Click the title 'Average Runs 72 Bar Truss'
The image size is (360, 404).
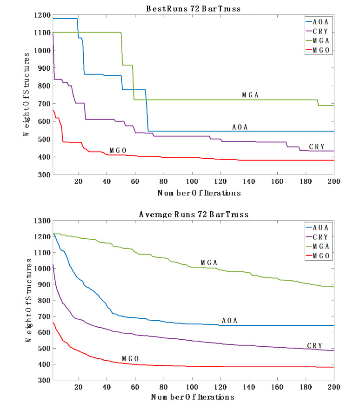tap(193, 215)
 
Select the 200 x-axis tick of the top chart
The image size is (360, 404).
tap(333, 182)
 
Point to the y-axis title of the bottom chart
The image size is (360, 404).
tap(29, 300)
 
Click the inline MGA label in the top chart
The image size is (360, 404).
tap(250, 95)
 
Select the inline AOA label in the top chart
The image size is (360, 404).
tap(240, 127)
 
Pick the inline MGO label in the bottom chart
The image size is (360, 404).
tap(131, 358)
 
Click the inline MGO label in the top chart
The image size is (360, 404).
tap(118, 150)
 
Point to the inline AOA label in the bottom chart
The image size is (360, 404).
tap(230, 320)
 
